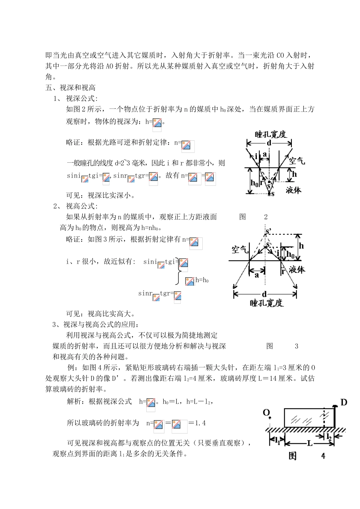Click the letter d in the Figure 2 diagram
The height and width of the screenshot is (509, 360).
pos(269,143)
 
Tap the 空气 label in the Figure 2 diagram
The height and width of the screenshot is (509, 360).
pos(297,160)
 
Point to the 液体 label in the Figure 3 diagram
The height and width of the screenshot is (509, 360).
pos(297,270)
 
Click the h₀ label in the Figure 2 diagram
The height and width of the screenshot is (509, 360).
pos(254,183)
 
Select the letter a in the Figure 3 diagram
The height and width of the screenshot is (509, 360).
pos(257,275)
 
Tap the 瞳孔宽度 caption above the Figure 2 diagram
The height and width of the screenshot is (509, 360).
pos(271,134)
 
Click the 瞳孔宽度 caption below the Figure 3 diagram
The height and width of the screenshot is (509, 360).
pos(266,303)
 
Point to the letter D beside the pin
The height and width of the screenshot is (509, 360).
pos(344,402)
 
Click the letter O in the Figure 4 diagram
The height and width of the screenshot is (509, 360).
pos(266,412)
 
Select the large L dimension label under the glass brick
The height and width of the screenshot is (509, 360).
pos(310,443)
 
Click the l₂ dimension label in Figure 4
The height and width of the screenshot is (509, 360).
pos(329,437)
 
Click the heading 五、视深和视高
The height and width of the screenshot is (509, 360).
pos(70,88)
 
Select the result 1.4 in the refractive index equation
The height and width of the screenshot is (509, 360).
pos(200,423)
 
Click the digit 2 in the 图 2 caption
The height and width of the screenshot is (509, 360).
pos(266,217)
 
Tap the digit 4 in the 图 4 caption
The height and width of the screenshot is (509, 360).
pos(323,456)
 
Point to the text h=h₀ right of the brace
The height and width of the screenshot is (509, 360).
pos(202,281)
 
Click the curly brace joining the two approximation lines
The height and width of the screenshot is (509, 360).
pos(178,272)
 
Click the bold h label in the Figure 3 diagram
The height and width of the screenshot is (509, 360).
pos(301,246)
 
